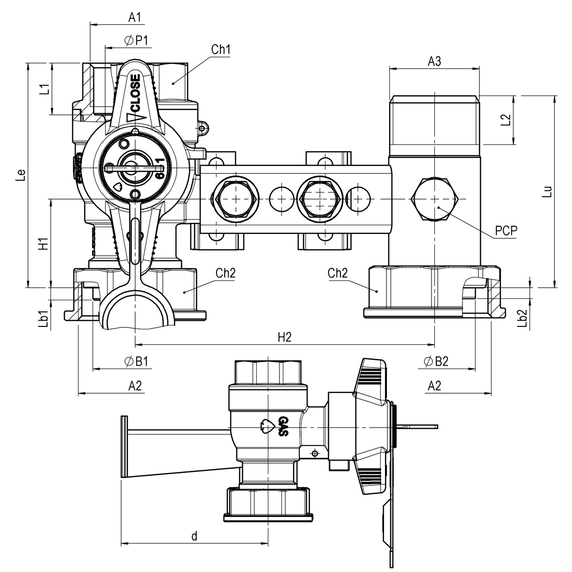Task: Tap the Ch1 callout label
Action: [220, 50]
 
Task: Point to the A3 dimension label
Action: [434, 62]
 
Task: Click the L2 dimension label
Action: [506, 120]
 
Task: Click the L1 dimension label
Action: [44, 89]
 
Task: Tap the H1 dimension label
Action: [44, 244]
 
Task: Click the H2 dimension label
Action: [285, 338]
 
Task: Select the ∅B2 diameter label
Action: [436, 361]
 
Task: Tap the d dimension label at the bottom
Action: [194, 536]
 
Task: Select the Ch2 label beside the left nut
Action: [225, 273]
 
